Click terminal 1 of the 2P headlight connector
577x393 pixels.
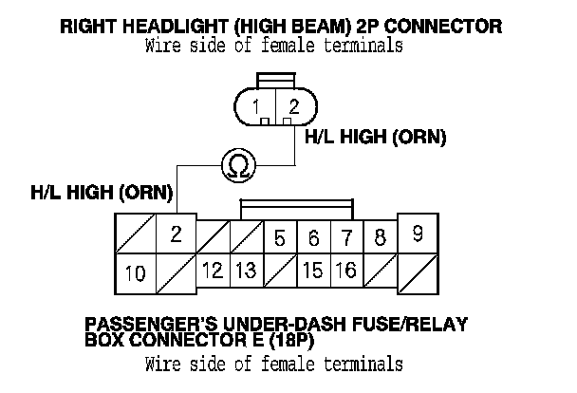coord(258,108)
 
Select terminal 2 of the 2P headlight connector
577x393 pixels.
coord(292,108)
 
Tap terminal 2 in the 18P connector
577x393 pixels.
coord(176,235)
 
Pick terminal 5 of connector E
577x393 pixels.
coord(279,237)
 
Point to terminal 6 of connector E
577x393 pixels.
coord(313,237)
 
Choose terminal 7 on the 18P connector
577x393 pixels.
coord(346,237)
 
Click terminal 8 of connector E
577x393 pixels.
coord(379,237)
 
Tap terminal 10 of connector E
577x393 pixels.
coord(135,274)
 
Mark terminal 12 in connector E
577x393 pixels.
coord(213,271)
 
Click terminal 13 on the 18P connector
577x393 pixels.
coord(245,271)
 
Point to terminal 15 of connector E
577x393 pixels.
coord(312,271)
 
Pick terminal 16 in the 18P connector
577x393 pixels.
coord(346,271)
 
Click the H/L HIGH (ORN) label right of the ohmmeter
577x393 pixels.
coord(375,138)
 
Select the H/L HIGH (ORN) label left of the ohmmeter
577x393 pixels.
coord(102,193)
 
